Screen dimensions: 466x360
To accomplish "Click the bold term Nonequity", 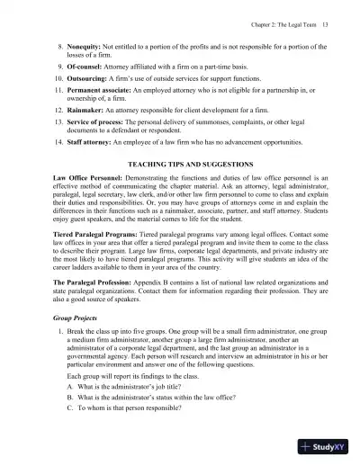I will point(79,42).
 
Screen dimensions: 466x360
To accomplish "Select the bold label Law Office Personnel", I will point(80,186).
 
